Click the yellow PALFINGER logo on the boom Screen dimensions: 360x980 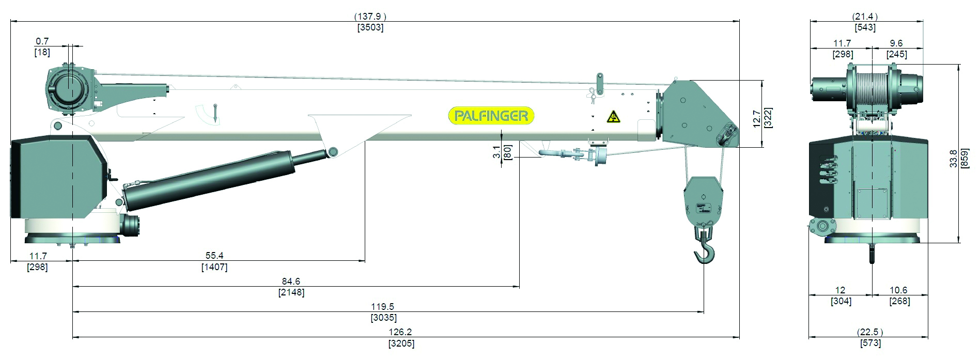[x=491, y=116]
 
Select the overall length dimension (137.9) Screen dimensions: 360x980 [x=370, y=17]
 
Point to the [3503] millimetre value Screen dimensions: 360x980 [x=370, y=27]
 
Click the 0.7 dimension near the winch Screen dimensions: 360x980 [x=42, y=41]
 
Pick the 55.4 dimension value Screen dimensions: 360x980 [x=214, y=256]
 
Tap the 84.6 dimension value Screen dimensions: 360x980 [x=291, y=281]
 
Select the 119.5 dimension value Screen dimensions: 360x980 [x=383, y=307]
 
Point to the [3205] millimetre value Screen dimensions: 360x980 [x=401, y=343]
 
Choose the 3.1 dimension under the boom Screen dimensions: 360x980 [x=497, y=152]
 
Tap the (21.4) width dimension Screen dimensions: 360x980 [x=866, y=17]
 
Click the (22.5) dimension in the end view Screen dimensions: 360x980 [x=870, y=332]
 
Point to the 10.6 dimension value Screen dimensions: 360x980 [x=899, y=290]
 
